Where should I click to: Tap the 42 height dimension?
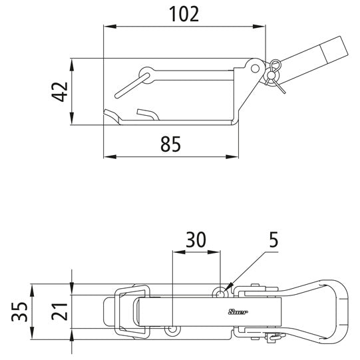tap(59, 92)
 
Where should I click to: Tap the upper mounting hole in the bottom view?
tap(220, 293)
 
